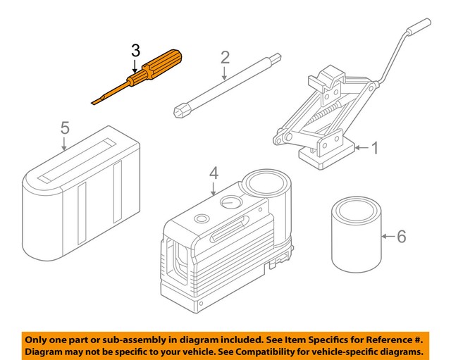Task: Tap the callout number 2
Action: (x=225, y=57)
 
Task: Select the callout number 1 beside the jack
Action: (x=376, y=148)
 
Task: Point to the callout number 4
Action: (x=214, y=173)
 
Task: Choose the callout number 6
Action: (x=401, y=236)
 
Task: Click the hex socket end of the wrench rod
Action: (x=182, y=110)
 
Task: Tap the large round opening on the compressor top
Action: (x=266, y=185)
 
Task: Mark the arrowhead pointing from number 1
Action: (x=356, y=148)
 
